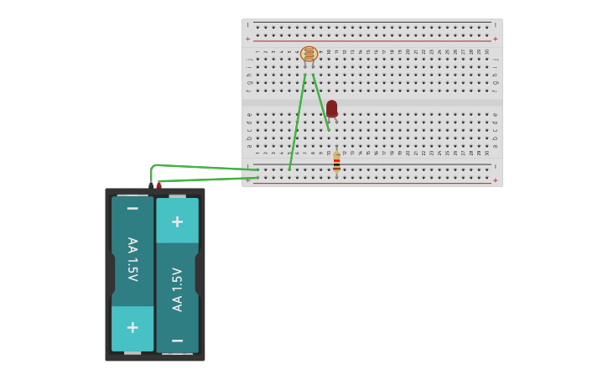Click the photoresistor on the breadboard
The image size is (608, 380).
pos(309,55)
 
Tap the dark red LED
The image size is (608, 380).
pos(332,108)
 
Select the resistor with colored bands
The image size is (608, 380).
pos(336,162)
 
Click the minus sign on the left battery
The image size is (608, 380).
pos(133,208)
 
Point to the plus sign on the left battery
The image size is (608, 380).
pos(133,327)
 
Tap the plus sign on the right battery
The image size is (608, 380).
pos(177,221)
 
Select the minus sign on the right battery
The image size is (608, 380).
pos(177,341)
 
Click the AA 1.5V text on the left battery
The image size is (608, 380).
pos(133,258)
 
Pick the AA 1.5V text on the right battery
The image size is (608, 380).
pos(177,289)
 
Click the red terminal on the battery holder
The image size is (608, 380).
pos(158,185)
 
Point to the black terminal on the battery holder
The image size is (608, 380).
pos(151,185)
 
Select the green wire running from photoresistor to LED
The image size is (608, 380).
pos(320,102)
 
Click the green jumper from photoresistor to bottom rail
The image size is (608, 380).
pos(297,122)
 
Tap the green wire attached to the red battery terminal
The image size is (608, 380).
pos(210,178)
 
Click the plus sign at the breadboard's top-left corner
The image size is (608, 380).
pos(247,39)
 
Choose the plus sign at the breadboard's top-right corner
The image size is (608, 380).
pos(495,39)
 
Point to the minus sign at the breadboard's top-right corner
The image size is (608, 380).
pos(495,25)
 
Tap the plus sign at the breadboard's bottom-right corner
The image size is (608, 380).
pos(495,180)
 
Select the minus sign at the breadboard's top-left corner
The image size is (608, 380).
pos(247,25)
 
